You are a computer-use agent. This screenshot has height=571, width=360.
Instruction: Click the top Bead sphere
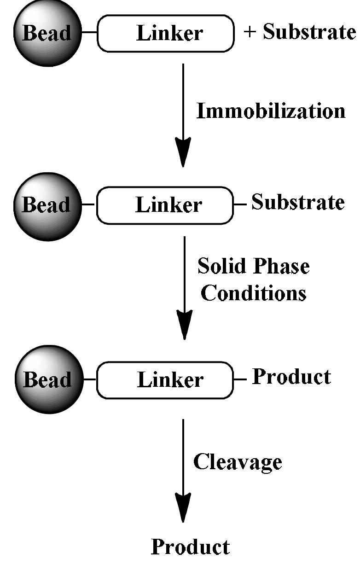point(47,33)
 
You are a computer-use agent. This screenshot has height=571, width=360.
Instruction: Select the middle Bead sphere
point(47,206)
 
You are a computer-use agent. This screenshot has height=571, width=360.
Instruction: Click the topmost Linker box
point(165,33)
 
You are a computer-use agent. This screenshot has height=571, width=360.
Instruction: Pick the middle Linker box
point(165,205)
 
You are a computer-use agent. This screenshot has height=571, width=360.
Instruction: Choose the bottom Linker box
point(165,380)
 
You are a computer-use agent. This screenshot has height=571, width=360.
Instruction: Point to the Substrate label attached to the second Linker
point(298,203)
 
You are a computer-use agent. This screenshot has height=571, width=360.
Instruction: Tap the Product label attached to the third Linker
point(291,377)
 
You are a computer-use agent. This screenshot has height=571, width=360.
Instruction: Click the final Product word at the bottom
point(190,547)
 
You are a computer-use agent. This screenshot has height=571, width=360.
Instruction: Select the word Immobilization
point(271,111)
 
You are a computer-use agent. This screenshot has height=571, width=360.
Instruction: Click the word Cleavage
point(237,461)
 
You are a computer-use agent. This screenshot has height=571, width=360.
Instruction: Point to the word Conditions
point(253,293)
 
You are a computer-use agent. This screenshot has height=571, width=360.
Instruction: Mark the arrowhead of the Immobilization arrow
point(183,154)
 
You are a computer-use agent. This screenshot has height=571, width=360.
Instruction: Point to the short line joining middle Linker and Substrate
point(240,204)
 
